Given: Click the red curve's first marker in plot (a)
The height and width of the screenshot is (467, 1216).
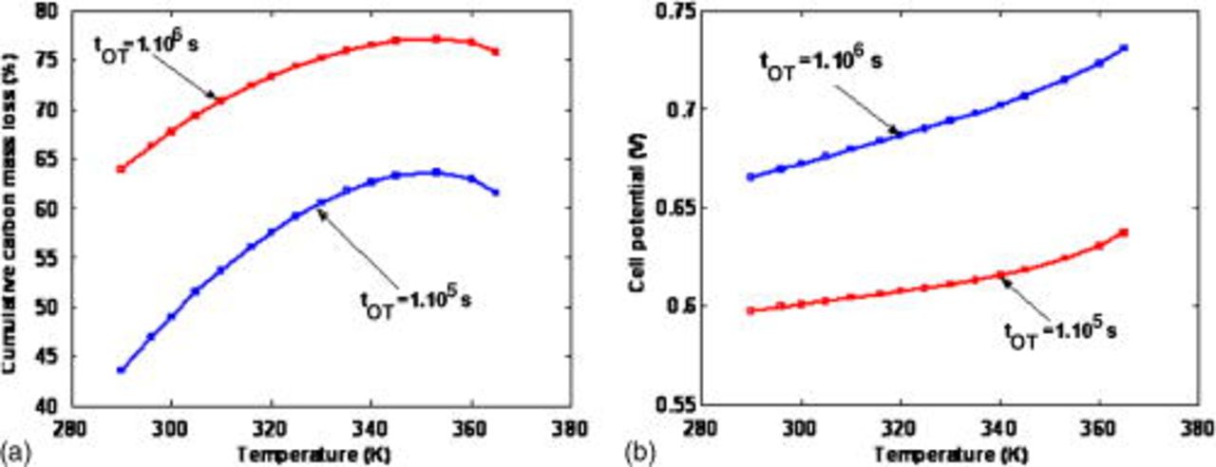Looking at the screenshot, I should tap(121, 169).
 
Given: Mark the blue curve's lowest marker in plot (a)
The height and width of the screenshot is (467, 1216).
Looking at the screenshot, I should tap(121, 369).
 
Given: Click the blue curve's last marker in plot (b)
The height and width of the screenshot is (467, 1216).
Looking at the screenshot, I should tap(1124, 47).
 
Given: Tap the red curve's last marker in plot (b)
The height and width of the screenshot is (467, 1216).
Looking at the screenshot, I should tap(1124, 233).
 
